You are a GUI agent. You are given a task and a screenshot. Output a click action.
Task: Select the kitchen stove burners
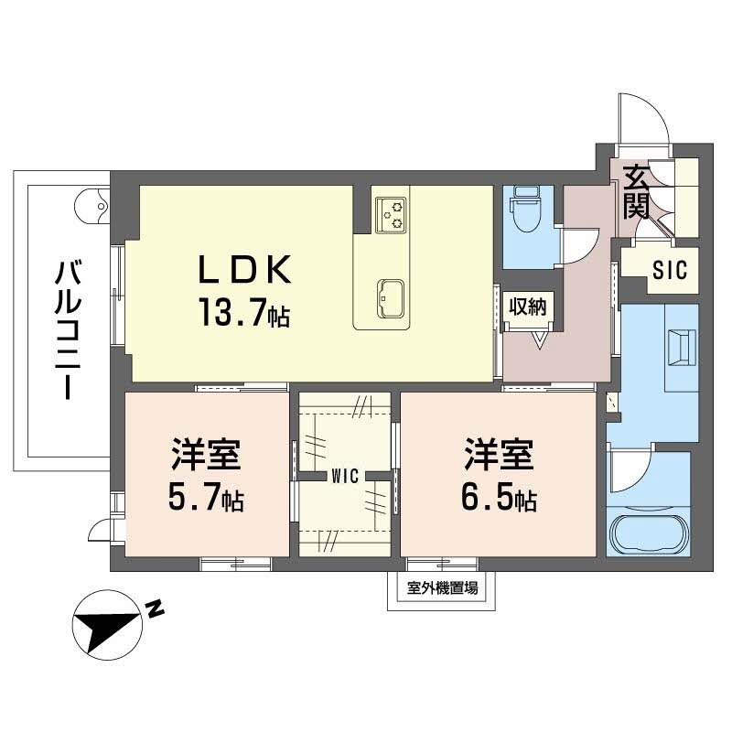point(392,213)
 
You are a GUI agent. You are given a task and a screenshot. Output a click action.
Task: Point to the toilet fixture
point(526,210)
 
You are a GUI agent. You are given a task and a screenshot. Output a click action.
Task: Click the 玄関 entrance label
point(637,191)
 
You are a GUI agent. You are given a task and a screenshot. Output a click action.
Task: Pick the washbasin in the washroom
point(682,349)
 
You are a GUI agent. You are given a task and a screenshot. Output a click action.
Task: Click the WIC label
point(345,475)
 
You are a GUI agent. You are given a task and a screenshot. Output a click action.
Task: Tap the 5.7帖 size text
point(205,499)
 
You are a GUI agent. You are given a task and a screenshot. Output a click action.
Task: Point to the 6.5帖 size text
point(498,499)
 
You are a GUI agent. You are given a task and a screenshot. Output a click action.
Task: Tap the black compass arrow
point(106,629)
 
